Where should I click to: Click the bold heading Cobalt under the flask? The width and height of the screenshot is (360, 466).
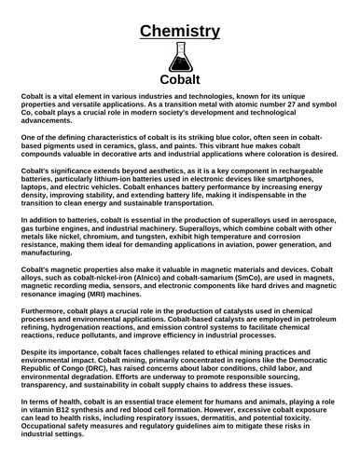[180, 81]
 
